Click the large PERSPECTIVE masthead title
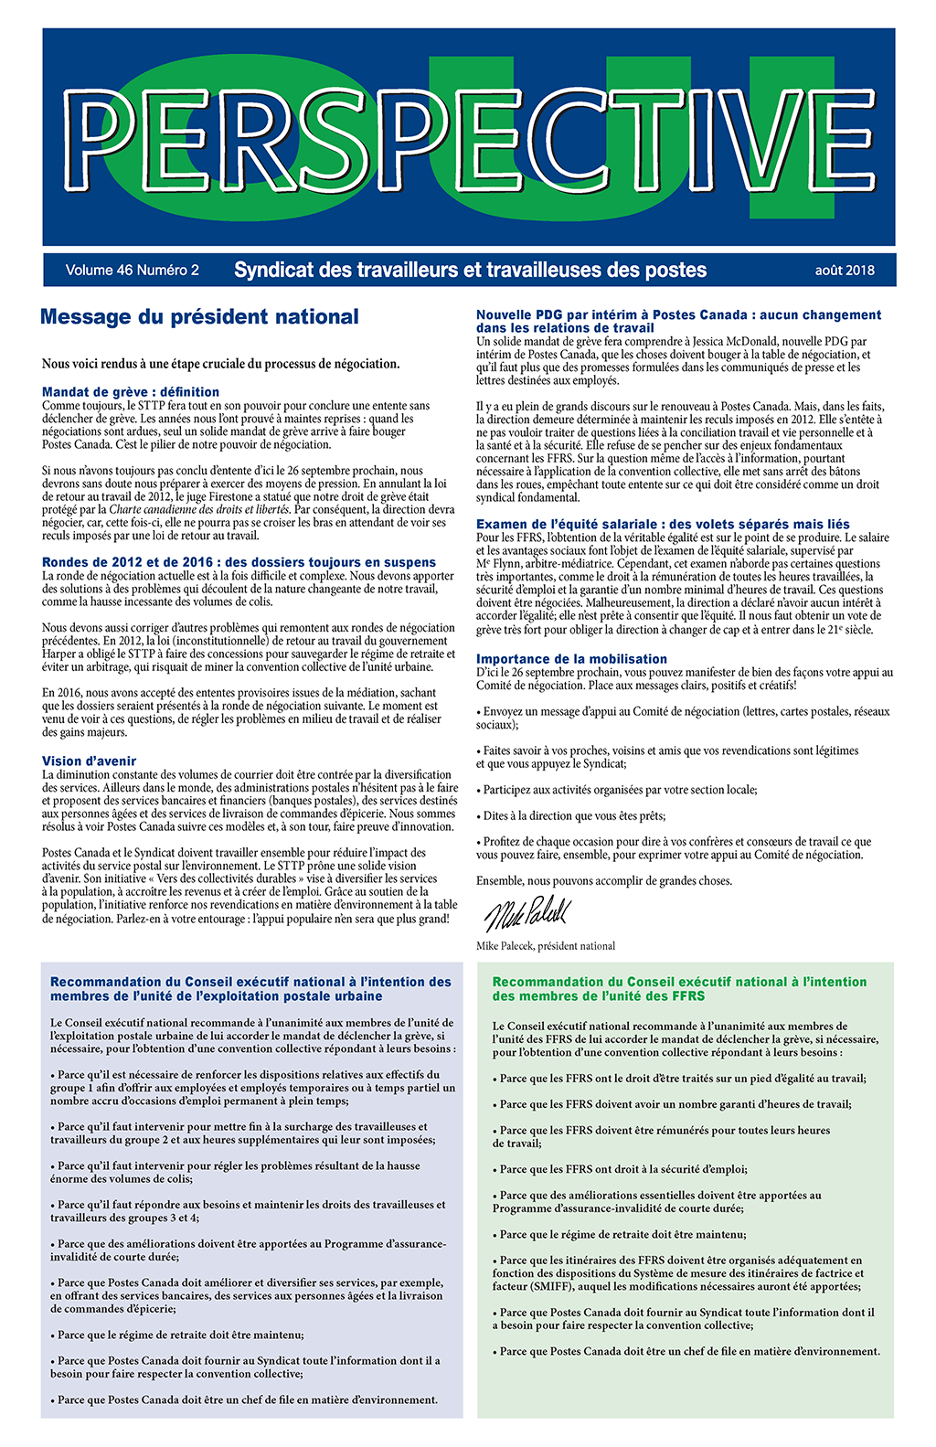(x=468, y=137)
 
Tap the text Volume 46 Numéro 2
(x=132, y=271)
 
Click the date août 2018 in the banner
(x=845, y=271)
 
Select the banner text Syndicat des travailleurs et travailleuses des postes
(x=470, y=271)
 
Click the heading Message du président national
(x=199, y=317)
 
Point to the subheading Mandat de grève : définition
(x=131, y=392)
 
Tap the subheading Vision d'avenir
(x=89, y=761)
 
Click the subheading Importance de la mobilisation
(x=571, y=659)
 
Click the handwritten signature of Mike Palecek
(x=526, y=913)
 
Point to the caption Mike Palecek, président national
(x=546, y=946)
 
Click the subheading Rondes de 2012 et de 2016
(x=239, y=562)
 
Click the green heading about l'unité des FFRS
(x=679, y=988)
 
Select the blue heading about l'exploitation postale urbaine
(x=250, y=988)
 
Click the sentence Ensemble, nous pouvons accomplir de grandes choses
(x=603, y=881)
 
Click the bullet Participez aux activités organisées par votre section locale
(x=620, y=790)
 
